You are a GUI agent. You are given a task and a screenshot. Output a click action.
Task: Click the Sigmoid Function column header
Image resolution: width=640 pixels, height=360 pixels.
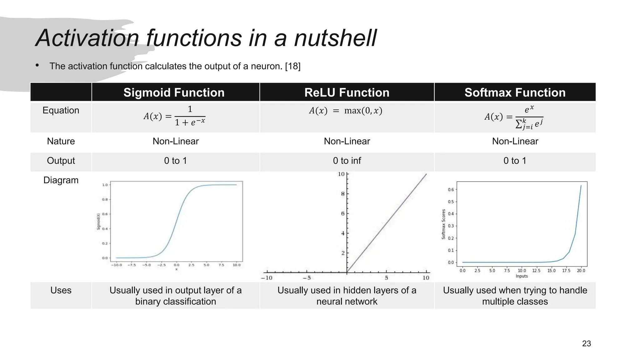(x=174, y=92)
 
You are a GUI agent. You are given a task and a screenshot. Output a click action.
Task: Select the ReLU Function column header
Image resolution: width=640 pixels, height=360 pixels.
(x=347, y=92)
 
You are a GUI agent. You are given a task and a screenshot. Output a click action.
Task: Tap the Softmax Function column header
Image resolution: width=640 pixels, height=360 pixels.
(x=515, y=92)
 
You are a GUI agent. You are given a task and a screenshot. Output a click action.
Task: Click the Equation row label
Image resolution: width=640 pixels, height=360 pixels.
(x=61, y=110)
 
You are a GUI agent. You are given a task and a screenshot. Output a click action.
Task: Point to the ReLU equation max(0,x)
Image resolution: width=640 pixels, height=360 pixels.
(x=346, y=111)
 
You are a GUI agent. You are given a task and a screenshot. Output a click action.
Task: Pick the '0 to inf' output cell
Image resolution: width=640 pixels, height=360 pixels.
(x=347, y=161)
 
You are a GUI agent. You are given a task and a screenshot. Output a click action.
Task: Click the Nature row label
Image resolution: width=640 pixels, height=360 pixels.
(x=61, y=141)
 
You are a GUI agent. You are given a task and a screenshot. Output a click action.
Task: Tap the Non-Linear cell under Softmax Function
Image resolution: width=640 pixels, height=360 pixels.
(x=515, y=141)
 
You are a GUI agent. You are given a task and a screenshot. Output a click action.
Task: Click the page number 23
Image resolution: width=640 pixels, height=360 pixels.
(x=586, y=343)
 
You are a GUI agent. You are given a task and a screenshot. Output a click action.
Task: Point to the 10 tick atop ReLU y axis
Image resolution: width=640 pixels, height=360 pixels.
(x=341, y=174)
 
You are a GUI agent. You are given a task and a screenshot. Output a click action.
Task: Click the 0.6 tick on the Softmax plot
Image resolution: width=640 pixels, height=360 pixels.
(x=451, y=190)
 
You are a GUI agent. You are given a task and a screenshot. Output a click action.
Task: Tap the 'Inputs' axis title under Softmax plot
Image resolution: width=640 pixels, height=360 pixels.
(x=522, y=276)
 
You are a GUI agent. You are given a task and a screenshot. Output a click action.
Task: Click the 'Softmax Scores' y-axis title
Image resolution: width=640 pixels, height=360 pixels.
(x=443, y=224)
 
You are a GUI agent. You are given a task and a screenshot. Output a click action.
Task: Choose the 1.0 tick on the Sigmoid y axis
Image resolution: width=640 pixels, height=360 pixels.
(x=105, y=185)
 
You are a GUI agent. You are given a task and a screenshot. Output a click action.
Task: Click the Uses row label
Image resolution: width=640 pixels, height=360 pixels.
(x=61, y=290)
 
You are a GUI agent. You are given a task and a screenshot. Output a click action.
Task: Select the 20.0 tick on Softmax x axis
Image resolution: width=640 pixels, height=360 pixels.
(x=581, y=271)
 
